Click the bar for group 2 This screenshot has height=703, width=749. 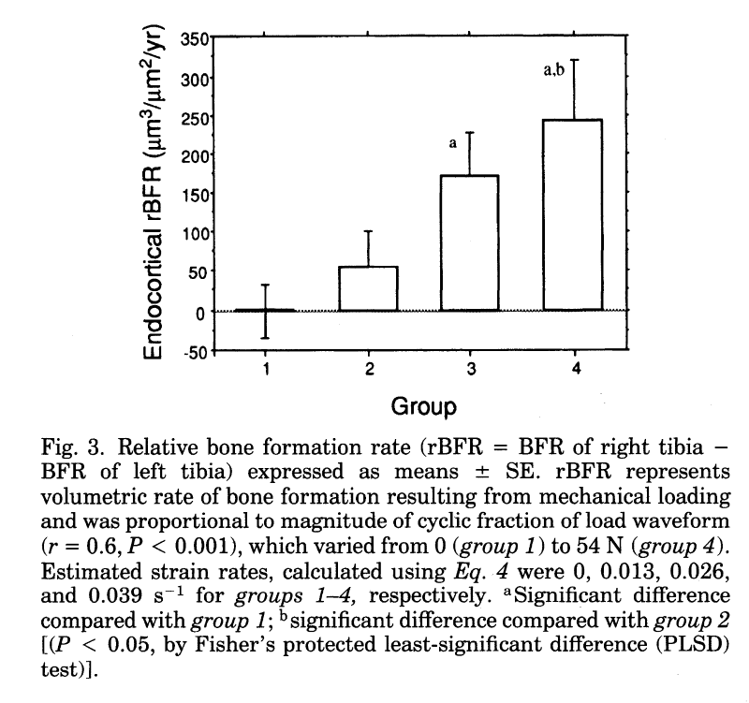tap(369, 288)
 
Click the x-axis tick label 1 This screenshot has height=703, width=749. tap(266, 369)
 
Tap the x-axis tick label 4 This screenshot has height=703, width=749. tap(575, 369)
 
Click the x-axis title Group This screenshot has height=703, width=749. tap(423, 406)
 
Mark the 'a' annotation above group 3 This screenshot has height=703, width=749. tap(452, 144)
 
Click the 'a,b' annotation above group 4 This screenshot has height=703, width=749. tap(554, 68)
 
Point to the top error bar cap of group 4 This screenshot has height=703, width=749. tap(574, 60)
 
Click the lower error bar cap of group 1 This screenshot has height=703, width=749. tap(266, 338)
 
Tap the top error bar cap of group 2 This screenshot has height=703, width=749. tap(369, 231)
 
